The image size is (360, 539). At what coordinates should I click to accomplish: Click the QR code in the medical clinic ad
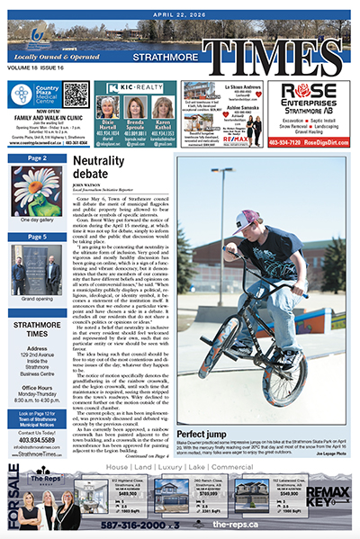[x=76, y=94]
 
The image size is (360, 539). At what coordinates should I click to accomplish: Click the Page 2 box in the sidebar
[x=37, y=158]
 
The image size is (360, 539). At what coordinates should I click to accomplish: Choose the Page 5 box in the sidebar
[x=37, y=237]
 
